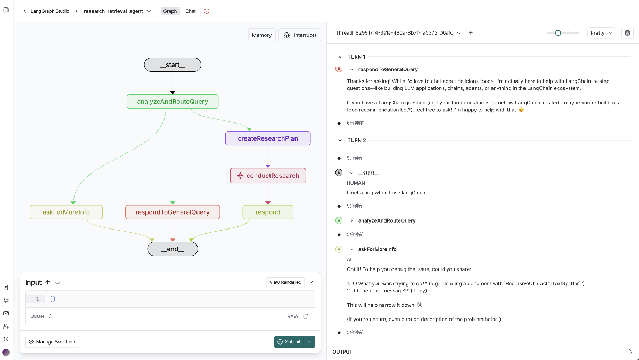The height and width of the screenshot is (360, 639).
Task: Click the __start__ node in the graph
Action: (x=173, y=65)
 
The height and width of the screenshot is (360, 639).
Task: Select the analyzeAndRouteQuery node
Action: (x=173, y=102)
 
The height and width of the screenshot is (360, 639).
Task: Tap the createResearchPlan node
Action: (x=268, y=138)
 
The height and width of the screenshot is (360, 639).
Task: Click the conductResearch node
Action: (x=268, y=175)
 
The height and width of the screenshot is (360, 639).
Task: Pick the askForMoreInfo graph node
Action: (x=66, y=212)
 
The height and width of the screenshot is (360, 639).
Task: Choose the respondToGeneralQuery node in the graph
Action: (x=173, y=212)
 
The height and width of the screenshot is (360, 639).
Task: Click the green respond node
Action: (x=268, y=212)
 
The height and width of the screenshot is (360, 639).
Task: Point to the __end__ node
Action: (x=173, y=249)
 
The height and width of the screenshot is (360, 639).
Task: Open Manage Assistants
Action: (x=52, y=342)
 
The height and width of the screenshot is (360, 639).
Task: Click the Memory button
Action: (x=261, y=35)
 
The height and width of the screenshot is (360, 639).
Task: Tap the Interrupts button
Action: (x=300, y=35)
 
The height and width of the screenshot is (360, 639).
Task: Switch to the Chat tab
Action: (x=191, y=11)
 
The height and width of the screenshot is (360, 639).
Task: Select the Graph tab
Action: (x=170, y=11)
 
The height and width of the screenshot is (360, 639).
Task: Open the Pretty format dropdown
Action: (x=601, y=33)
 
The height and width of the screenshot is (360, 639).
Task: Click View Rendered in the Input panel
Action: (x=285, y=282)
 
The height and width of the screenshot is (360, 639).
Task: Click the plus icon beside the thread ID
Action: (x=470, y=33)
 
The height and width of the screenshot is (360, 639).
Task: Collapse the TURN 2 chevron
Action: (x=340, y=140)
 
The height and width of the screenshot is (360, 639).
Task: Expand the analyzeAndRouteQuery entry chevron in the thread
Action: (x=351, y=220)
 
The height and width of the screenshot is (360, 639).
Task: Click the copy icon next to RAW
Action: (x=306, y=316)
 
